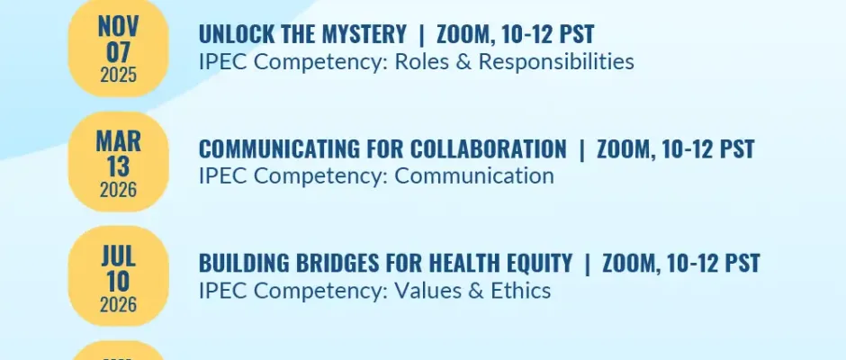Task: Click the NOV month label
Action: [x=118, y=26]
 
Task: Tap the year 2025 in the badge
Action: [x=118, y=75]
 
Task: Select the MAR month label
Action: [x=118, y=141]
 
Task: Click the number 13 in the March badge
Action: [x=118, y=166]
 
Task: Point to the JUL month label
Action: [x=118, y=256]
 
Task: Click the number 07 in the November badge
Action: [x=118, y=52]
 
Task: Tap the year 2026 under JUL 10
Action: [x=118, y=305]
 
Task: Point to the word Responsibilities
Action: [x=556, y=62]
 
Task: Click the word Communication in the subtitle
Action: [x=474, y=176]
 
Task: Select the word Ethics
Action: [x=521, y=291]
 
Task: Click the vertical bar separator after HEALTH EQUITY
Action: [x=587, y=264]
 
